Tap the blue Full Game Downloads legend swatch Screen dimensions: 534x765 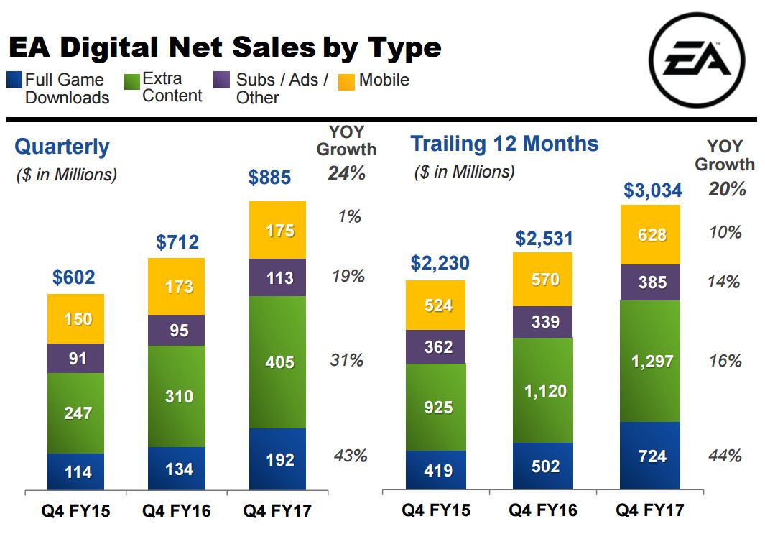14,79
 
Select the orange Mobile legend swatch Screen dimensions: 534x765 348,80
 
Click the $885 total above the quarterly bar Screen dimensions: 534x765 269,177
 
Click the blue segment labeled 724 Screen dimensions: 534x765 649,456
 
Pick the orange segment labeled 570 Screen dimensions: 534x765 542,279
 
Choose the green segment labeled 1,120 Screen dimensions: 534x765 542,390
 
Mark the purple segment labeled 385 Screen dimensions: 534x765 649,282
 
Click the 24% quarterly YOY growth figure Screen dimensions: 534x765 347,173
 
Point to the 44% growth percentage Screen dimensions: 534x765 724,456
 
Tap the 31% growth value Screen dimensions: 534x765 347,360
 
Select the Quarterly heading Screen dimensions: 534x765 62,147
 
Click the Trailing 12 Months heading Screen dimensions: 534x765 504,144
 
